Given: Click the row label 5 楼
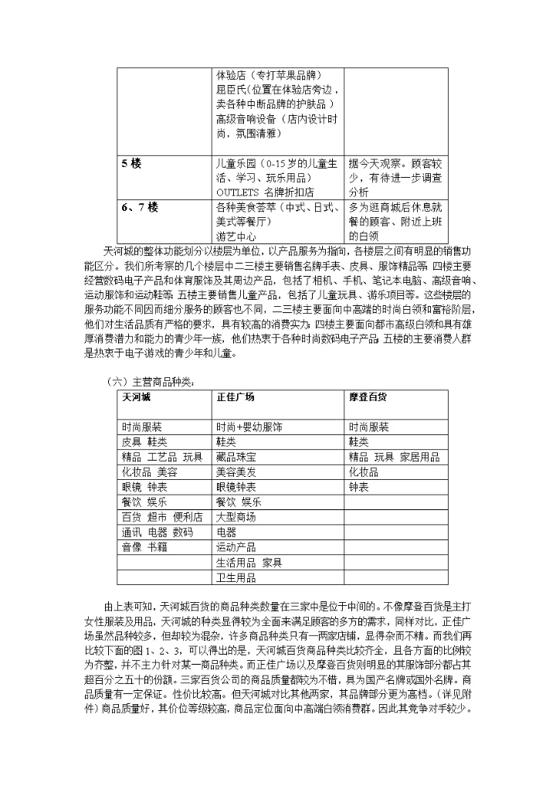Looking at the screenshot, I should (131, 164).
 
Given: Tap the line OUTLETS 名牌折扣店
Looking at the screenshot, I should (265, 192).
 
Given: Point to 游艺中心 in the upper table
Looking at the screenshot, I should (236, 236).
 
